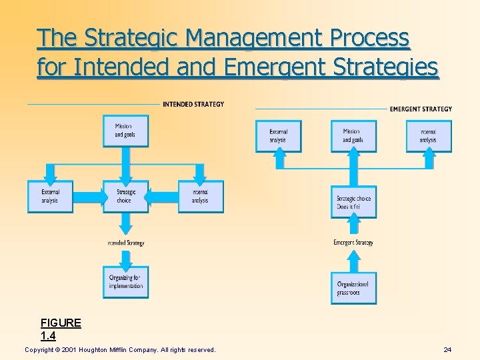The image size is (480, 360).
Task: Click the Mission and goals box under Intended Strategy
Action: click(125, 131)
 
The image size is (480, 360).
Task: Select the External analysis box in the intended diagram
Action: click(50, 196)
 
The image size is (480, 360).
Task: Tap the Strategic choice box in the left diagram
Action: click(125, 196)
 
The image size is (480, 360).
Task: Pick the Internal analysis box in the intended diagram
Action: click(201, 196)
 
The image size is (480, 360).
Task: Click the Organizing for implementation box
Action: click(125, 282)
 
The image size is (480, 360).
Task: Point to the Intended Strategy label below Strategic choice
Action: click(125, 243)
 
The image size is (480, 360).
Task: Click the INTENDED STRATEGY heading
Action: click(193, 104)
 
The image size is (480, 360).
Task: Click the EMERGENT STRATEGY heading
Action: click(421, 109)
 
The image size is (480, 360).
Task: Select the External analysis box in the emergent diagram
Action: click(279, 136)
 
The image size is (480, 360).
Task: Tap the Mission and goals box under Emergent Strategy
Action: click(353, 136)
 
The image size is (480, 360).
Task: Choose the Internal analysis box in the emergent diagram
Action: click(429, 136)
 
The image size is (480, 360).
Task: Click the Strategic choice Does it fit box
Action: click(353, 202)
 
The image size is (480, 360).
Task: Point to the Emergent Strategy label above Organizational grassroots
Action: click(353, 243)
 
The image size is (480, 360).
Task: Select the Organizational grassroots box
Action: click(353, 288)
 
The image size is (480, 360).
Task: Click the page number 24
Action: click(447, 350)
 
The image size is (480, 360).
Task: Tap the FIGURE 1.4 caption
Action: click(61, 329)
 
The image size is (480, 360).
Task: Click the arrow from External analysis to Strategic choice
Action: click(89, 196)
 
